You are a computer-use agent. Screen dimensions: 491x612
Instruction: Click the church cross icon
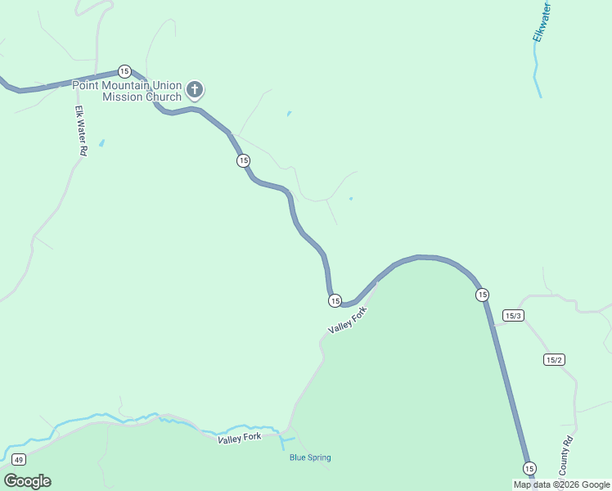point(195,89)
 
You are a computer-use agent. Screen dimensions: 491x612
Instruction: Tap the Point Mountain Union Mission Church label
point(127,91)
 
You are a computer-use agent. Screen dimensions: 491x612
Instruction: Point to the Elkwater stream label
point(540,23)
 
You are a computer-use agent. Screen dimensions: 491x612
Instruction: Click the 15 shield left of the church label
point(124,71)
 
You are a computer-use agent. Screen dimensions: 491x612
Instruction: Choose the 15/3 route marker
point(513,316)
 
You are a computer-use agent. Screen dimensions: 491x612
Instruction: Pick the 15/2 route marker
point(554,360)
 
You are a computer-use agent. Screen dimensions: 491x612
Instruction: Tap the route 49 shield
point(19,458)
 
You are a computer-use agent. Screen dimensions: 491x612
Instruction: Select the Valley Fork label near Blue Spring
point(240,438)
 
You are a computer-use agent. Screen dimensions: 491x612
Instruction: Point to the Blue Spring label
point(310,457)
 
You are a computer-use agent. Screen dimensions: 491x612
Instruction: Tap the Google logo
point(27,481)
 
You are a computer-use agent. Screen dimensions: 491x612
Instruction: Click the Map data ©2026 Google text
point(561,484)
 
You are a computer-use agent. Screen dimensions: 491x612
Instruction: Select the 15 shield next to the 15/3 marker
point(482,295)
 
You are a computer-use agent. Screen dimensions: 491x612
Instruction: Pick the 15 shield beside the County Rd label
point(529,468)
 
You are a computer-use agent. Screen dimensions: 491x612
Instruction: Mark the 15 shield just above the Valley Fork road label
point(335,301)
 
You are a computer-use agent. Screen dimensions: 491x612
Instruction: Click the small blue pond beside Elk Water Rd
point(101,143)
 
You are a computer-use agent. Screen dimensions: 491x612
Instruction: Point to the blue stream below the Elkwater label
point(537,74)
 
